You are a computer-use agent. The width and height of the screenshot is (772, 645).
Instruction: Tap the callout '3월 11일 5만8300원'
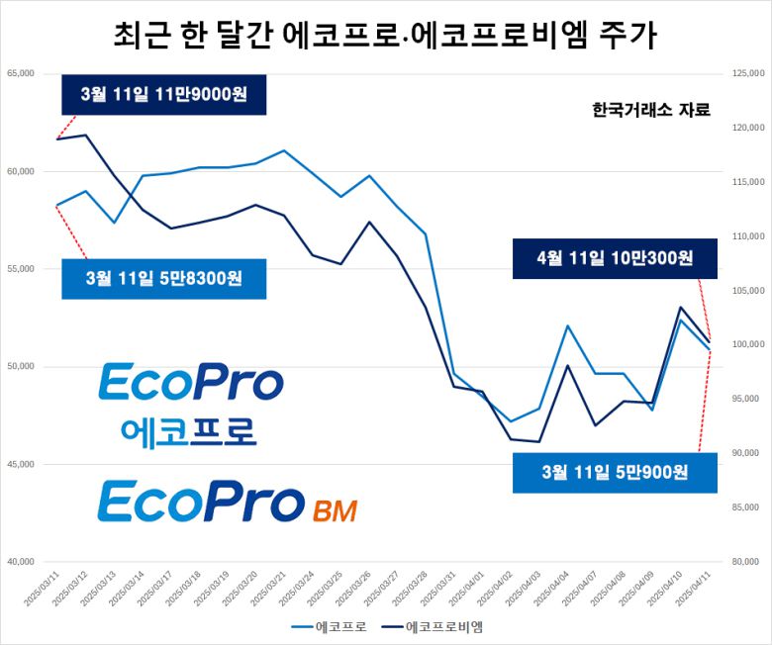[x=164, y=278]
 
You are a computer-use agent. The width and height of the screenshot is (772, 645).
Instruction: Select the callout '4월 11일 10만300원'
[x=615, y=258]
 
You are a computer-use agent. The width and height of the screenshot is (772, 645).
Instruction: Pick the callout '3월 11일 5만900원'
[x=615, y=472]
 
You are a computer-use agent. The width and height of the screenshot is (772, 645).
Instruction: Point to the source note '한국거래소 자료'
[x=650, y=110]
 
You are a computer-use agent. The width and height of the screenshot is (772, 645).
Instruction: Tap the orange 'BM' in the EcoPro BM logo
[x=334, y=510]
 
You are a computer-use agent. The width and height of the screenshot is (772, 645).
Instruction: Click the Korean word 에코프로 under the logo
[x=188, y=430]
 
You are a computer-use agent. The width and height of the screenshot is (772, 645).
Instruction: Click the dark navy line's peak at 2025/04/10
[x=681, y=308]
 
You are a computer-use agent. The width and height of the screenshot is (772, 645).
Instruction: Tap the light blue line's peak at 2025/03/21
[x=285, y=150]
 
